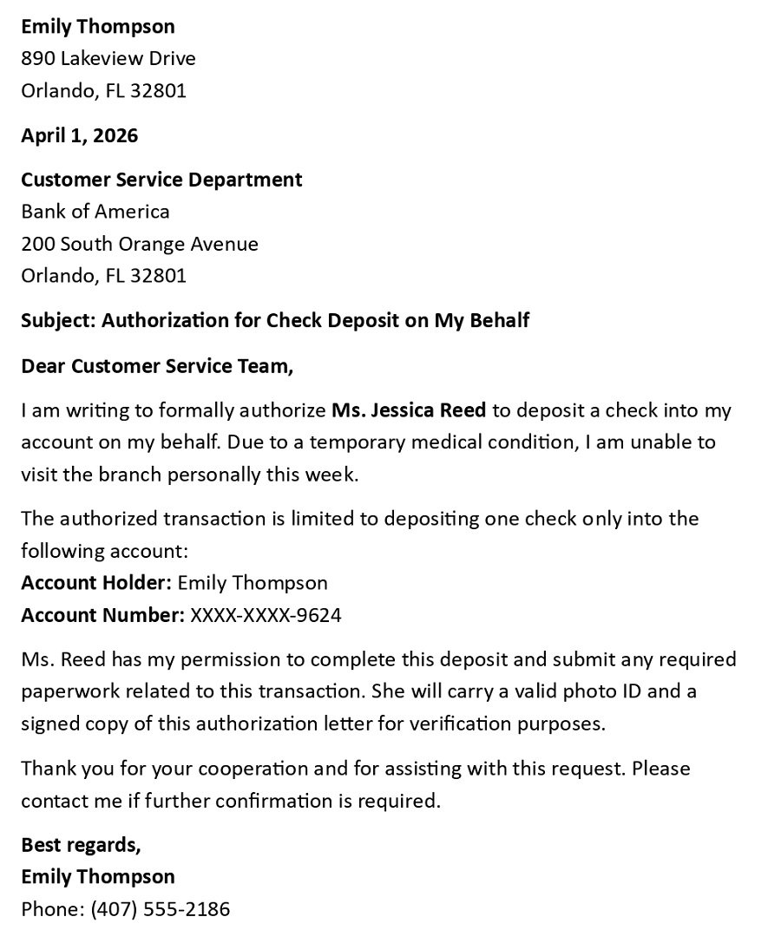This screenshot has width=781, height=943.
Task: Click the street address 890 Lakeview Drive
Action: tap(108, 59)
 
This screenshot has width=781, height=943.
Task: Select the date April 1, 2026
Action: tap(79, 135)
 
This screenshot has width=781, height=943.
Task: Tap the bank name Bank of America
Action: tap(95, 212)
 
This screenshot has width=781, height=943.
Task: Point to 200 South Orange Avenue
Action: tap(140, 244)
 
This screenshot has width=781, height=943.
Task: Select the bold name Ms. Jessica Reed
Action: tap(409, 409)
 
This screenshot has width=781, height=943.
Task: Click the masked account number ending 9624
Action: tap(266, 615)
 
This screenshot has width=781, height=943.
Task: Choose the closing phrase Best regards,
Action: tap(81, 844)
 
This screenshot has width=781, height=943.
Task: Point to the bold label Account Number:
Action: tap(102, 615)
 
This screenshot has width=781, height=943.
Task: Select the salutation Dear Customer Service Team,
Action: tap(157, 366)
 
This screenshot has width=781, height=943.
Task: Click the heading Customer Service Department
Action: tap(161, 180)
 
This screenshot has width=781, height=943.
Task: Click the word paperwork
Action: tap(65, 691)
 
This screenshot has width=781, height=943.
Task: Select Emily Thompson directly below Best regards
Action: tap(98, 876)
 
